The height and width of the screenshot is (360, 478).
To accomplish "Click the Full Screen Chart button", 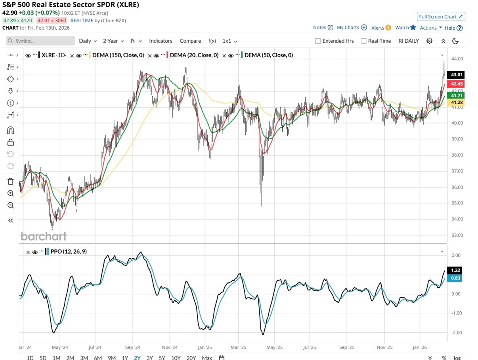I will [x=441, y=17].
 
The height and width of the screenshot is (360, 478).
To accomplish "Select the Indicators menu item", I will [x=161, y=41].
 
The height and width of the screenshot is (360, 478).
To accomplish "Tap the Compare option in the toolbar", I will [x=190, y=41].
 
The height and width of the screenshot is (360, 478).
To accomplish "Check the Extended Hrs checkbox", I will [x=318, y=41].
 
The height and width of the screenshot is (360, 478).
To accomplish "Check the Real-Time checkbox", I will [x=363, y=41].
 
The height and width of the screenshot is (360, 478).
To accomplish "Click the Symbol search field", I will [x=40, y=41].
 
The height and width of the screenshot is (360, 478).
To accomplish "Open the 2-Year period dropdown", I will [x=113, y=41].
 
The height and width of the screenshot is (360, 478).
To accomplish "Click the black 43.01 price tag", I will [x=455, y=74].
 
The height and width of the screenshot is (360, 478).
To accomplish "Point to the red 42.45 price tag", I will [x=455, y=84].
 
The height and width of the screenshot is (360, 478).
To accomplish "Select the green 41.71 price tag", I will [x=455, y=95].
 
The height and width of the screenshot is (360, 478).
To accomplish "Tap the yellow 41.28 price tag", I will [x=455, y=103].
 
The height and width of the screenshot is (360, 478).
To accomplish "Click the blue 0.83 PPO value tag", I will [x=455, y=278].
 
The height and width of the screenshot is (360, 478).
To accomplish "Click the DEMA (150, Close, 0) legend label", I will [x=118, y=55].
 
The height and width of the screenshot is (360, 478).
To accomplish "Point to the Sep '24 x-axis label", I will [x=133, y=347].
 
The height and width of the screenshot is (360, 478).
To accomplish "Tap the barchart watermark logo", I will [x=43, y=236].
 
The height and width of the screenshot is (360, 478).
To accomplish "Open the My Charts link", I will [x=348, y=27].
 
